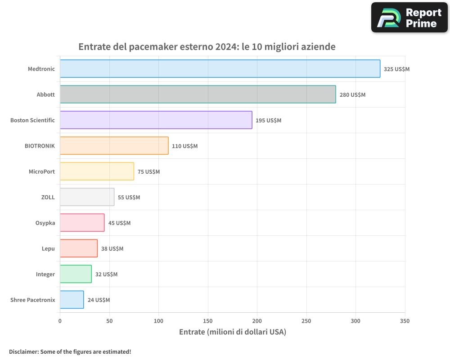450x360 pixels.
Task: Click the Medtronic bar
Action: (x=220, y=69)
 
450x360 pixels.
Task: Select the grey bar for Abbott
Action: (x=198, y=94)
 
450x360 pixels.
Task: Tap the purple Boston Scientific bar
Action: (x=156, y=120)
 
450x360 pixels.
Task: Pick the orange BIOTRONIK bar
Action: (x=114, y=146)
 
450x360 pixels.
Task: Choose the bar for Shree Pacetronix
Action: (x=72, y=300)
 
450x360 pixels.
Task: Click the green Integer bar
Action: (x=76, y=274)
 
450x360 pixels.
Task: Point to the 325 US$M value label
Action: (x=396, y=69)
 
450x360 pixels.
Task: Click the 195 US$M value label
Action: (x=268, y=121)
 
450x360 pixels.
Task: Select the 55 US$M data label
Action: (x=129, y=198)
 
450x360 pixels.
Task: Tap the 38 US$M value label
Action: (x=112, y=249)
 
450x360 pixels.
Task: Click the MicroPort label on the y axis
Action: (x=41, y=171)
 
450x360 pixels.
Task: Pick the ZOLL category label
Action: (x=48, y=197)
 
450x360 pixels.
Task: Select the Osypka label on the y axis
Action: (x=45, y=223)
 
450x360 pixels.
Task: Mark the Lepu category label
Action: (x=48, y=248)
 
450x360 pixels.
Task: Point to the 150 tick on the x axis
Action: (x=208, y=321)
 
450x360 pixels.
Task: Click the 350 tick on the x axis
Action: (x=405, y=321)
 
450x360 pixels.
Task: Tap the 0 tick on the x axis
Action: (x=60, y=321)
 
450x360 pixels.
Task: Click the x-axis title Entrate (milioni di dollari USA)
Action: (x=232, y=332)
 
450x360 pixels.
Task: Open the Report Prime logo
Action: (x=409, y=18)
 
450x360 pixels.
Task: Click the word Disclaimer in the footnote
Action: (x=23, y=351)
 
